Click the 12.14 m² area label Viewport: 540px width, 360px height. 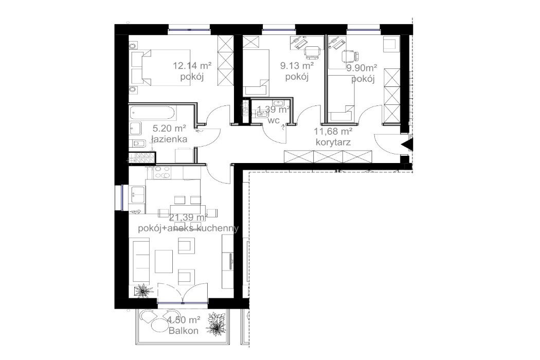[193, 65]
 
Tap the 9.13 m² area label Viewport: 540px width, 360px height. [297, 66]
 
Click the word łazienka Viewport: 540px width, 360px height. [169, 139]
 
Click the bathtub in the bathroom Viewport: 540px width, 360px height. [153, 112]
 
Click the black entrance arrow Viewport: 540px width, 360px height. [407, 145]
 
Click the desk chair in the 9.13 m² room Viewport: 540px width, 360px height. [312, 51]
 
